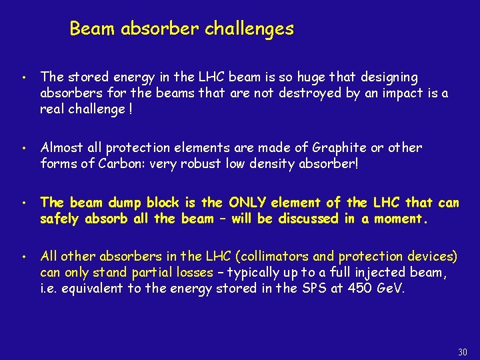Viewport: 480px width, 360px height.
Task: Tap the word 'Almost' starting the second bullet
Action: tap(61, 147)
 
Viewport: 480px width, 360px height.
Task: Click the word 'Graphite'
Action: tap(330, 147)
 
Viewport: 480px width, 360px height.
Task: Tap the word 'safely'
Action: tap(60, 218)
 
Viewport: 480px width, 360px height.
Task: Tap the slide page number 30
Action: tap(463, 351)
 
